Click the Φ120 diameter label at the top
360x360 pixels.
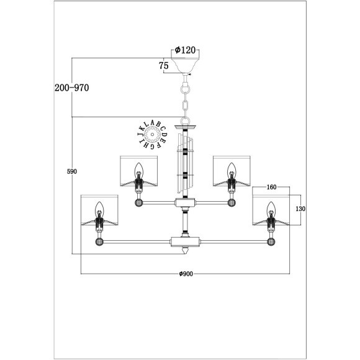tap(186, 50)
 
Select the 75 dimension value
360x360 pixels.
tap(164, 65)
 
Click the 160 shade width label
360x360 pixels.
tap(271, 186)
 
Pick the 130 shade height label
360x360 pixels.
tap(300, 209)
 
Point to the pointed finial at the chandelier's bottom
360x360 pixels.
tap(186, 252)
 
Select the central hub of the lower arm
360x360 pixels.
tap(186, 241)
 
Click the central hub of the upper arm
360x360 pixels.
tap(186, 202)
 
